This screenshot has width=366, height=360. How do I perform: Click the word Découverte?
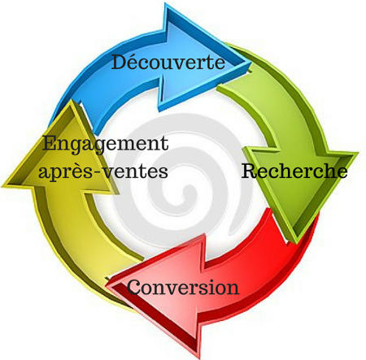point(168,62)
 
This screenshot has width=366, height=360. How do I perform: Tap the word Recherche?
point(294,171)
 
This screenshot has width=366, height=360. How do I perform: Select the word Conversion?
point(183,287)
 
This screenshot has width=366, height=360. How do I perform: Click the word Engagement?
point(106,144)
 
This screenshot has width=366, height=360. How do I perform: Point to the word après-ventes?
point(103,171)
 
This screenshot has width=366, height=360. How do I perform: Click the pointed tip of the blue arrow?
point(251,63)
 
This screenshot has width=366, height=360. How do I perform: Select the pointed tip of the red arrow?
point(107,285)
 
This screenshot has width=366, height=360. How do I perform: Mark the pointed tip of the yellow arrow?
point(71,101)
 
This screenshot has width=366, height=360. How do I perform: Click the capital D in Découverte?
point(120,62)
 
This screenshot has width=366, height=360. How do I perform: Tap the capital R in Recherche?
point(250,171)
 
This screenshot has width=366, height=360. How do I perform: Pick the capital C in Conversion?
point(134,287)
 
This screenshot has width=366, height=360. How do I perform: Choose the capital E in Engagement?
point(50,143)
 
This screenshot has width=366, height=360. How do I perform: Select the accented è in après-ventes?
point(81,171)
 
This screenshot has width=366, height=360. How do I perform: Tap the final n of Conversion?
point(233,289)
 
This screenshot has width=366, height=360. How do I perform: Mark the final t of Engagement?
point(164,145)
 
